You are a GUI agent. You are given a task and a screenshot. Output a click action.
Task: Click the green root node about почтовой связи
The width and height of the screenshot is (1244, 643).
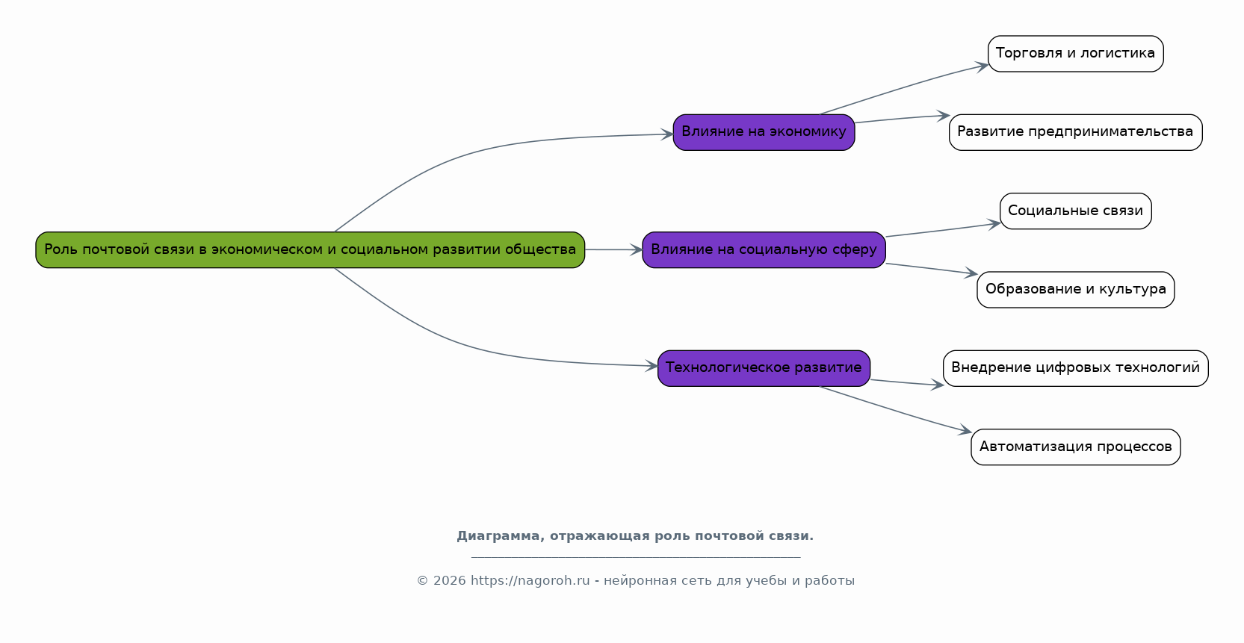click(x=310, y=250)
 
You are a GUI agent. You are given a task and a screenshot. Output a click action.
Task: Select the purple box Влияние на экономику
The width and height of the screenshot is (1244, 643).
click(x=764, y=132)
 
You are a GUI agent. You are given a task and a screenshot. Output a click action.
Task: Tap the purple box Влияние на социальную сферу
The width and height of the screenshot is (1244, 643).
click(x=764, y=250)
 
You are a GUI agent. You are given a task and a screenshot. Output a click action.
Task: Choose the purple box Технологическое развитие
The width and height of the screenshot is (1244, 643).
click(x=764, y=368)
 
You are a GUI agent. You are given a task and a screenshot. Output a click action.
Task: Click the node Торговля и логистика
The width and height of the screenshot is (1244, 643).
click(x=1076, y=54)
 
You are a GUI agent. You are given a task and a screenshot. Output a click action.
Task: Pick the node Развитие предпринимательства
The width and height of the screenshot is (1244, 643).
click(x=1076, y=132)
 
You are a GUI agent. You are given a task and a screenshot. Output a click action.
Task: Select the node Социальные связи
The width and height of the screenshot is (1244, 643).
click(x=1076, y=211)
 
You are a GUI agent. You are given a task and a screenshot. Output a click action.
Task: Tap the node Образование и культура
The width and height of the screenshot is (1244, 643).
click(x=1076, y=289)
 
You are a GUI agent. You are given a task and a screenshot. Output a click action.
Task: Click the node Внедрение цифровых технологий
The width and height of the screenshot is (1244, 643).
click(x=1076, y=368)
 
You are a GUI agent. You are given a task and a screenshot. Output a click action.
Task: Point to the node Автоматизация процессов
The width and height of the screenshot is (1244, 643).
click(x=1076, y=447)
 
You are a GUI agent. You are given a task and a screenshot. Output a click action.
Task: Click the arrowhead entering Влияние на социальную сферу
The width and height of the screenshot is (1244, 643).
click(x=637, y=250)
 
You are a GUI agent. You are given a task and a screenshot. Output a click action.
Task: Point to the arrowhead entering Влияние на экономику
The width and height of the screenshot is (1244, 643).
click(x=667, y=134)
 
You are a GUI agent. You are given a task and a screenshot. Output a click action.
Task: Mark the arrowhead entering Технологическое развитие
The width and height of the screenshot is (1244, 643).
click(x=652, y=366)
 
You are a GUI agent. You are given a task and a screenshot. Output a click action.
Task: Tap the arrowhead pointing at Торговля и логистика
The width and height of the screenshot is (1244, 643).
click(x=982, y=66)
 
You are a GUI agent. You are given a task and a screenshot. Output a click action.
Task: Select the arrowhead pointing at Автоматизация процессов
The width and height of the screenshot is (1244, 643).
click(x=965, y=430)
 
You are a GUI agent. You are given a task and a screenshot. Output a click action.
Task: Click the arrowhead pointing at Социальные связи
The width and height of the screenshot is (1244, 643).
click(x=994, y=224)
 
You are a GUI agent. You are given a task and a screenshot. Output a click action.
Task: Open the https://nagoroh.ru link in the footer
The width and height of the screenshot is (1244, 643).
click(x=530, y=581)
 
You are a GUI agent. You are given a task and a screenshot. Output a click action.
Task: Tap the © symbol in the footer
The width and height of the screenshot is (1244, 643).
click(x=423, y=581)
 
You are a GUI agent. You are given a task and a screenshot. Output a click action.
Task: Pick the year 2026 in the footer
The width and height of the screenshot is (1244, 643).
click(x=449, y=581)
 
